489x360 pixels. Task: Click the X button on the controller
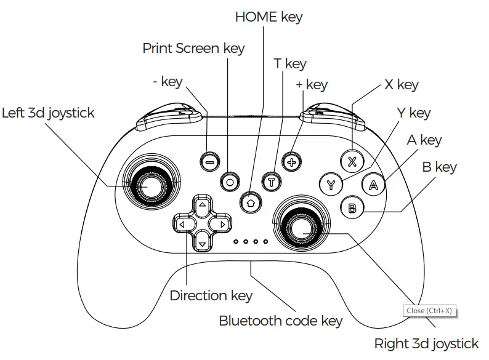(x=352, y=162)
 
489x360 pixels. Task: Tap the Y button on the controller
(x=331, y=184)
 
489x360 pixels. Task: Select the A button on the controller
(x=373, y=184)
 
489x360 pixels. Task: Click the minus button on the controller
(x=209, y=162)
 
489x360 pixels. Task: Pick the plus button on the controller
(x=291, y=162)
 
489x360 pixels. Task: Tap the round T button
(x=271, y=182)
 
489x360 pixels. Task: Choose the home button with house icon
(x=250, y=201)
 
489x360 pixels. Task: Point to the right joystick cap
(x=301, y=227)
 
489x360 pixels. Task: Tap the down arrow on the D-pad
(x=201, y=243)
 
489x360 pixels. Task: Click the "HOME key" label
(x=269, y=17)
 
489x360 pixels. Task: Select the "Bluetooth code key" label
(x=281, y=321)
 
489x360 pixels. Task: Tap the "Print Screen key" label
(x=193, y=48)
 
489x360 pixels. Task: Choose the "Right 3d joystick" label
(x=426, y=343)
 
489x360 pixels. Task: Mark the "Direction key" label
(x=211, y=296)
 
